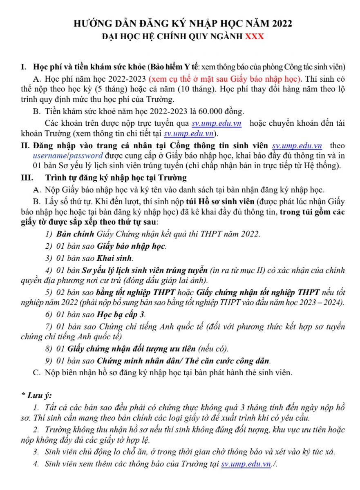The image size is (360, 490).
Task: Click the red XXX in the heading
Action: coord(254,36)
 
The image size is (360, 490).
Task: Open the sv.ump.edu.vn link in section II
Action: coord(297,146)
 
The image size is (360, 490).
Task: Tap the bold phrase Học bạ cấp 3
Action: coord(121,314)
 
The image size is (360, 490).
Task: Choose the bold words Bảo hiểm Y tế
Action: coord(175,67)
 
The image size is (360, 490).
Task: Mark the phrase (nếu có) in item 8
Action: coord(213,349)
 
